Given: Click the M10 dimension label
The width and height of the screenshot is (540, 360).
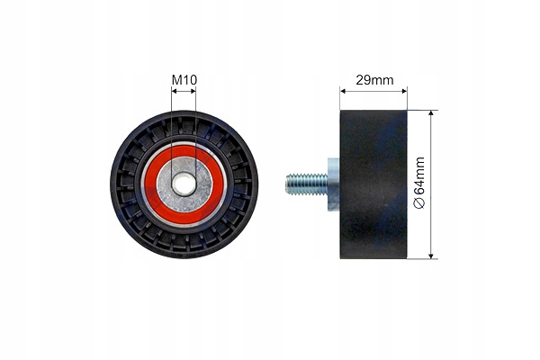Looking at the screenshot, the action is click(x=184, y=80).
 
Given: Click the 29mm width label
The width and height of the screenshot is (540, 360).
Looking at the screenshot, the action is click(x=374, y=80).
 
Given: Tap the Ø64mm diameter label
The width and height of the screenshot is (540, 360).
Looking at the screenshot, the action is click(x=419, y=183).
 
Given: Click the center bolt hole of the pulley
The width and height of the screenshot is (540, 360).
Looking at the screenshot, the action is click(x=184, y=184).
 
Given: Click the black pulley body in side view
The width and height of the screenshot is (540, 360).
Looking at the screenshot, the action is click(x=373, y=184).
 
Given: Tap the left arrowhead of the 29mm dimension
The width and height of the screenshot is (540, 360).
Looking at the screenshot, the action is click(x=343, y=91).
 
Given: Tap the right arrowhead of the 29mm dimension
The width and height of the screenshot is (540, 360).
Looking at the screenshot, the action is click(x=404, y=91).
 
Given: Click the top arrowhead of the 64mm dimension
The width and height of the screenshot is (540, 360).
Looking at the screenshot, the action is click(x=431, y=113).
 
